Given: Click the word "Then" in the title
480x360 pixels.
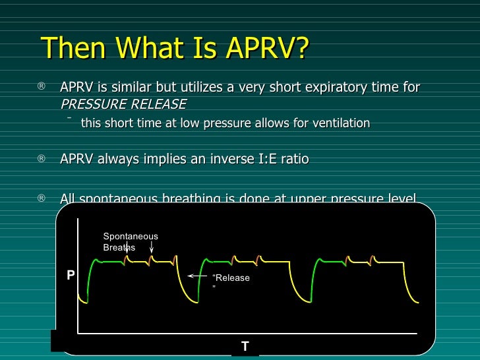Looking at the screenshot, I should (69, 47).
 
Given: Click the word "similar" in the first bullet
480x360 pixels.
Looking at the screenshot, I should (128, 88).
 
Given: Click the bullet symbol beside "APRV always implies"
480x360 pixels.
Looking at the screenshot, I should (42, 159).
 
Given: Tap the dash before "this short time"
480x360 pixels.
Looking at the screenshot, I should (69, 119).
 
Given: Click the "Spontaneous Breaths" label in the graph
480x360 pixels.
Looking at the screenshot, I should (130, 242).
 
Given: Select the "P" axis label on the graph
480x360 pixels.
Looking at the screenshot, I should (71, 276).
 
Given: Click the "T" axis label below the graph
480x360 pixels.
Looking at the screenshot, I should (245, 346).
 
